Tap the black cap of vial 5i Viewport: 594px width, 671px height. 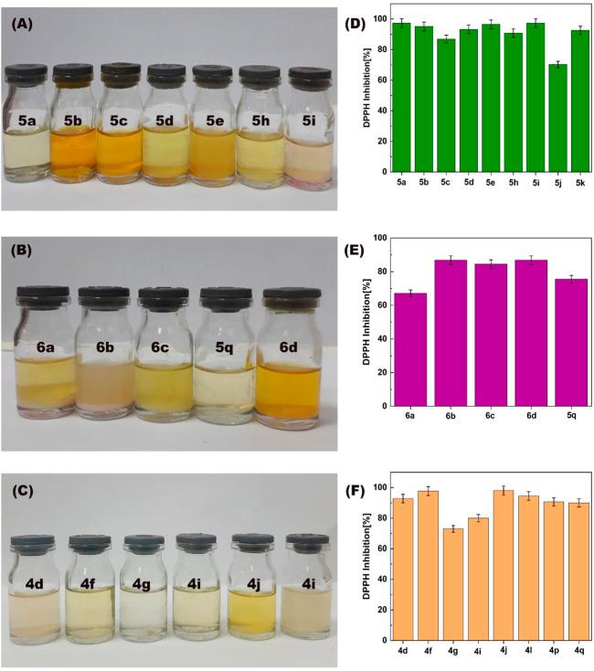pos(307,73)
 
